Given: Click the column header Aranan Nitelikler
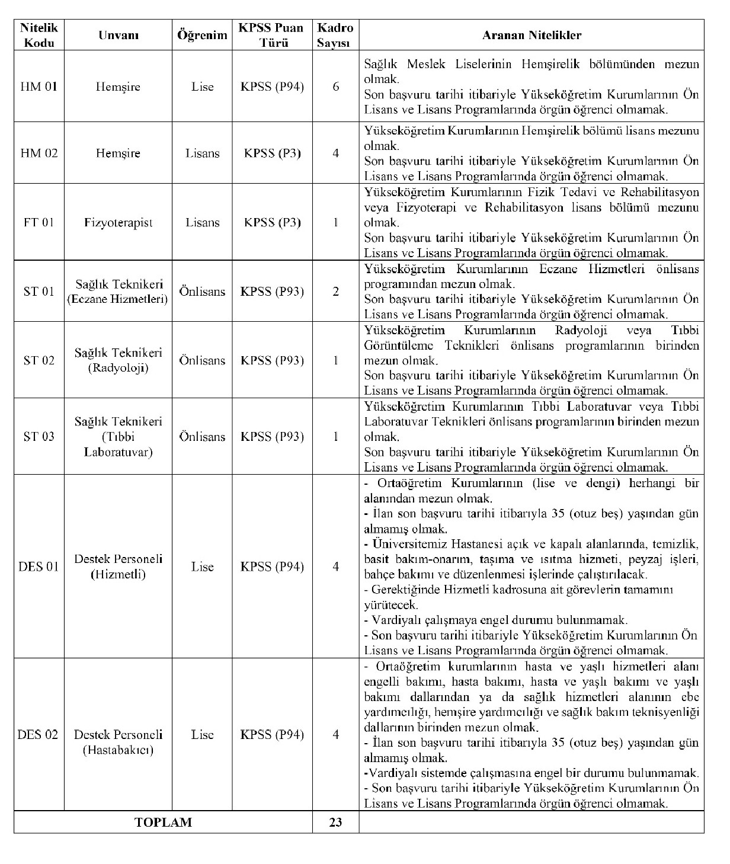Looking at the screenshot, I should (x=532, y=35).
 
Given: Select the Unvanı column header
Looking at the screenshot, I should (x=118, y=35).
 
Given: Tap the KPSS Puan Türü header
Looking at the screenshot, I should (x=272, y=35).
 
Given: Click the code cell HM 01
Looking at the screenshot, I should (x=39, y=87).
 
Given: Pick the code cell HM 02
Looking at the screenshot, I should (x=39, y=153).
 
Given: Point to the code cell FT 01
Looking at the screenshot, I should (x=39, y=222).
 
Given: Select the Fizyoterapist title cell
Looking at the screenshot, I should (x=118, y=222).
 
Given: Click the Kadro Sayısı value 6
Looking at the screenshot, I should (x=336, y=87).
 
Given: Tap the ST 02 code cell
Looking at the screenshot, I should (x=39, y=360).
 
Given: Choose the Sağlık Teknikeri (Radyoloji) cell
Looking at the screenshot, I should (x=118, y=360).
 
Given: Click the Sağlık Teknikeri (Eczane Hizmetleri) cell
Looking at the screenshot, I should (x=118, y=291).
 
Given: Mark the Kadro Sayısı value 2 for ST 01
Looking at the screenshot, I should (x=336, y=291).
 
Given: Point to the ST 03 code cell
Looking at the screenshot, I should (x=39, y=437).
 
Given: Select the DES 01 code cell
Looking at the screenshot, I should (x=39, y=567).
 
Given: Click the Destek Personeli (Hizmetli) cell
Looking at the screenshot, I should (x=118, y=567).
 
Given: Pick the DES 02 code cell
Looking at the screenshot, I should (x=39, y=735).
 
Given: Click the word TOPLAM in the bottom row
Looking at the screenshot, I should (x=163, y=823).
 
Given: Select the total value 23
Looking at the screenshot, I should (x=336, y=823).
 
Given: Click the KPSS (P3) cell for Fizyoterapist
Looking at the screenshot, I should (x=272, y=222).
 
